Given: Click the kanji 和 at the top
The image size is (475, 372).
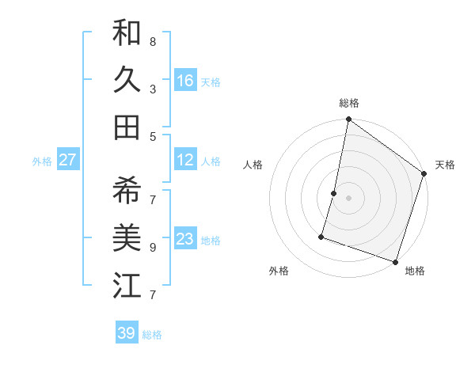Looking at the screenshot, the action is (x=127, y=33).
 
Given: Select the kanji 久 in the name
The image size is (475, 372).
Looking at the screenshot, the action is (x=127, y=79).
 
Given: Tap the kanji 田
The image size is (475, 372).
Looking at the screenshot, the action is (x=127, y=127).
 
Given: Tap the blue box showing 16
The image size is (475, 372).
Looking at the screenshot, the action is (x=185, y=81).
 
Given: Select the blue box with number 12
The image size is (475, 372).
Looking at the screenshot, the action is (x=185, y=160).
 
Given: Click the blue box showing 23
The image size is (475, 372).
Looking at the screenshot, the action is (x=185, y=239).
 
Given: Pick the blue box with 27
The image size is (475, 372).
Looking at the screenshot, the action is (x=67, y=160).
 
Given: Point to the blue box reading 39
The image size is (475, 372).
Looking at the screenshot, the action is (x=127, y=333).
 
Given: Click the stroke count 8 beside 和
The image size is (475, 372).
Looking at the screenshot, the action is (x=153, y=41).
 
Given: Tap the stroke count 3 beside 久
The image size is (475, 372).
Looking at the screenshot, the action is (x=153, y=89).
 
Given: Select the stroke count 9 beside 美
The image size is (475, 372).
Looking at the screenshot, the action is (x=153, y=247).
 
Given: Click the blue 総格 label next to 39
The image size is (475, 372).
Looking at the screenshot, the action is (x=152, y=335).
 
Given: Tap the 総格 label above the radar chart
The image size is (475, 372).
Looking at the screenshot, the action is (x=349, y=103).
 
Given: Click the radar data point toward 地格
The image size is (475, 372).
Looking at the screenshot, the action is (x=395, y=261).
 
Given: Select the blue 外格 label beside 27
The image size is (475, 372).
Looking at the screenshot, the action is (x=42, y=161).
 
